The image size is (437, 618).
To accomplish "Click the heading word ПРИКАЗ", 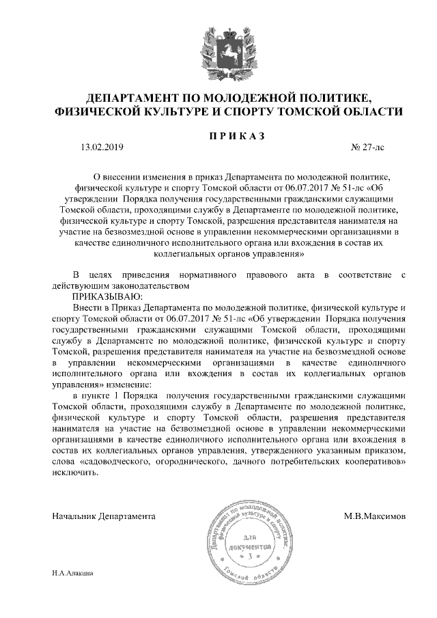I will [236, 136].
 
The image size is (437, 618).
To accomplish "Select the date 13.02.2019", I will [102, 146].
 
